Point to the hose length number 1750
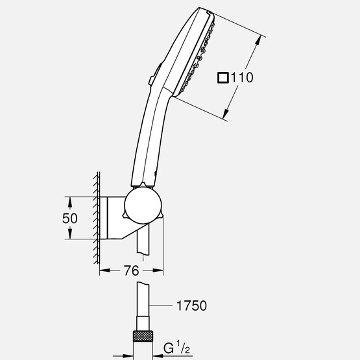pyautogui.click(x=193, y=304)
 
